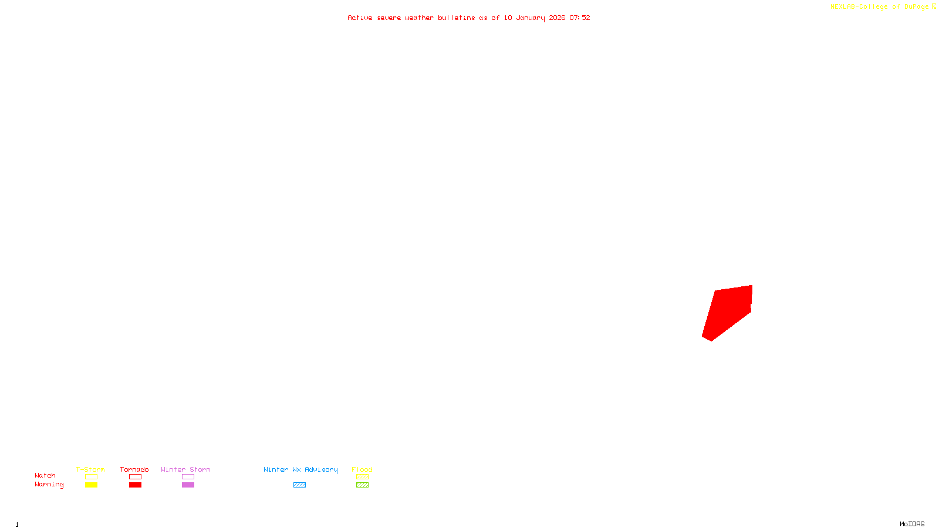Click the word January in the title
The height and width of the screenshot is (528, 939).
(x=531, y=18)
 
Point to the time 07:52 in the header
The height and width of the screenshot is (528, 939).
(x=580, y=18)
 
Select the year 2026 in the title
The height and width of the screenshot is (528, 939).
(x=557, y=18)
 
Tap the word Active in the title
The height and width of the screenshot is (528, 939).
(x=359, y=18)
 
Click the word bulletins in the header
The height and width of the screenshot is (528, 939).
(x=457, y=18)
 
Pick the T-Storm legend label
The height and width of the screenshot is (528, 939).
(x=90, y=469)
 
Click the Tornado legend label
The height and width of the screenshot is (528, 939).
(x=134, y=469)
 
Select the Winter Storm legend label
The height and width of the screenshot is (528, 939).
(x=185, y=469)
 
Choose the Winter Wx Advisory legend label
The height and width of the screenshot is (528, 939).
(x=300, y=469)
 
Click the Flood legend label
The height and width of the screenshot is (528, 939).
(x=362, y=469)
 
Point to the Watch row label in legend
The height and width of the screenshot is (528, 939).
(x=45, y=475)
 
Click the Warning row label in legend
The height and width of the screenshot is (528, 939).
(x=49, y=485)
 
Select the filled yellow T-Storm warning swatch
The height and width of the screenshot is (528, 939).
(x=91, y=485)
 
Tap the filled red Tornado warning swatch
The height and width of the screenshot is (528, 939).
(x=136, y=485)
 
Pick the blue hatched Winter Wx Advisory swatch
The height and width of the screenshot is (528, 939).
(x=299, y=485)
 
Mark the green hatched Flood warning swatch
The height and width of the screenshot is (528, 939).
(x=362, y=485)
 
